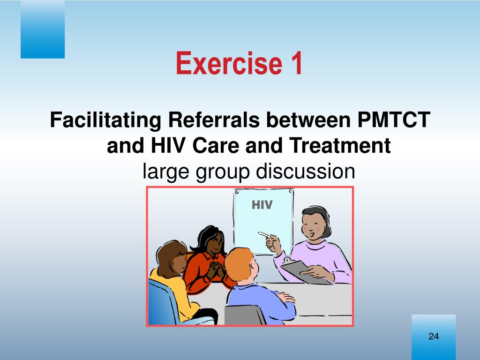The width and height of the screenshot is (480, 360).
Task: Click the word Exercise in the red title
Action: pyautogui.click(x=229, y=63)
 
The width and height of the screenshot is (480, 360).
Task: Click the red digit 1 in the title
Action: pyautogui.click(x=296, y=63)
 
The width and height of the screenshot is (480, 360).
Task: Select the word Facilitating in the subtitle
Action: pyautogui.click(x=105, y=120)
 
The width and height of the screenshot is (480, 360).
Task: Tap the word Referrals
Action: pyautogui.click(x=214, y=120)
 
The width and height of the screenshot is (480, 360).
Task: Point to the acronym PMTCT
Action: pyautogui.click(x=394, y=120)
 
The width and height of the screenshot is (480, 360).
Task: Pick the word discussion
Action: pyautogui.click(x=305, y=171)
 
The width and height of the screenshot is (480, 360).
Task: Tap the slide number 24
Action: pyautogui.click(x=434, y=337)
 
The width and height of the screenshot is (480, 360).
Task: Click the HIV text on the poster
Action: pyautogui.click(x=262, y=205)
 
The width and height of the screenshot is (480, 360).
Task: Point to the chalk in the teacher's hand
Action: pyautogui.click(x=264, y=235)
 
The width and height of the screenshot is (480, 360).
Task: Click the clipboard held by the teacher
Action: pyautogui.click(x=306, y=271)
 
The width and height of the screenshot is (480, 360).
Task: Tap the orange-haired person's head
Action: pyautogui.click(x=241, y=264)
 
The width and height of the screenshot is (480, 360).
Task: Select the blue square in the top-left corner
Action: pyautogui.click(x=43, y=30)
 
